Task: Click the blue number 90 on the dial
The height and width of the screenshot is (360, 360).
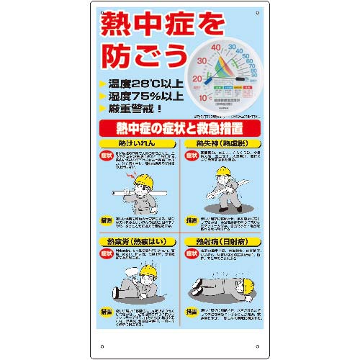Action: click(x=253, y=73)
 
